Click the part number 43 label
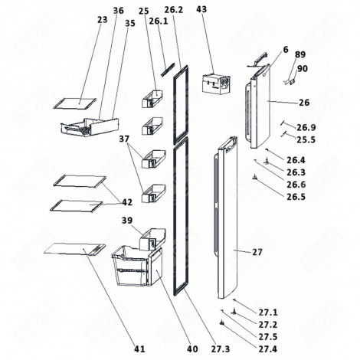201,10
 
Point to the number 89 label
299,54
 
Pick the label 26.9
306,127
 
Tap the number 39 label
127,220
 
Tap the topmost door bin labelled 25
153,97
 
